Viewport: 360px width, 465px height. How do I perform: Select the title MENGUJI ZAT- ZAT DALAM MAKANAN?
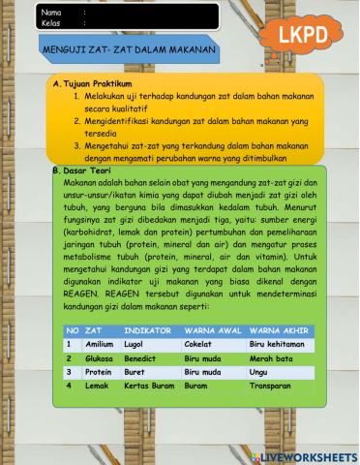130,47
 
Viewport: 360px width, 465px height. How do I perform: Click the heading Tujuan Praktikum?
96,84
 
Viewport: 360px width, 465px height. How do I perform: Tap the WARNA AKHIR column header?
280,330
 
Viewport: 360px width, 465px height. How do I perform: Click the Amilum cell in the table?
100,344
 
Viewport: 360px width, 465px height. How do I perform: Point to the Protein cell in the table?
99,371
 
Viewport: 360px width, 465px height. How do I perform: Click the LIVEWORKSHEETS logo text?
309,455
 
